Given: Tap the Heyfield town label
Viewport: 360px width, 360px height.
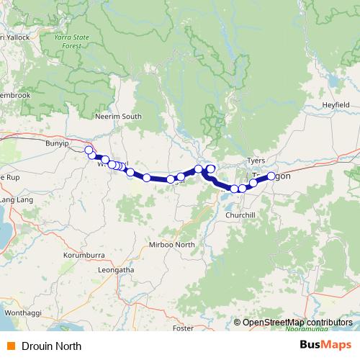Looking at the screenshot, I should (336, 104).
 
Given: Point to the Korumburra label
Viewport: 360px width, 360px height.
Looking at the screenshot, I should (84, 255).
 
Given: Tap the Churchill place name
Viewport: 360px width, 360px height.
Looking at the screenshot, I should (240, 215).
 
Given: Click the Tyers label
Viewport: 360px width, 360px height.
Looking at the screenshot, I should (256, 160).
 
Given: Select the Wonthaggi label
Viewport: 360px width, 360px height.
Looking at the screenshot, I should (24, 314).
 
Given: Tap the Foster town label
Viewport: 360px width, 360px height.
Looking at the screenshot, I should (183, 328).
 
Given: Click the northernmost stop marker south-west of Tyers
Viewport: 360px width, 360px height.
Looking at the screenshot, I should (211, 168).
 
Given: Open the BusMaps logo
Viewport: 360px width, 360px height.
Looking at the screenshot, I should (325, 345).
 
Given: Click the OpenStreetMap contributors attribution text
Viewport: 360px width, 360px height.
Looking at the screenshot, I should (297, 323).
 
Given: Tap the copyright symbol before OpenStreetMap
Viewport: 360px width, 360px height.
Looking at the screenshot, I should (238, 323).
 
